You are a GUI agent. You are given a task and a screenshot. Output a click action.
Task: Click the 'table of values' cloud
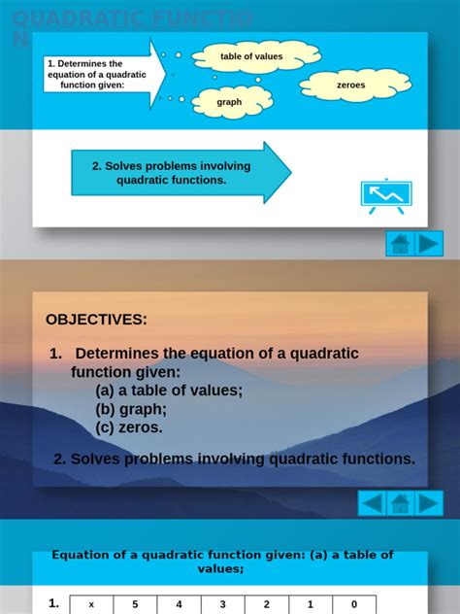click(x=251, y=56)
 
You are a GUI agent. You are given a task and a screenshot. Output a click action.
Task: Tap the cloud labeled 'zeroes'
click(x=350, y=85)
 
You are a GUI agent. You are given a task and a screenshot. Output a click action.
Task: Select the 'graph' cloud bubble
click(x=230, y=102)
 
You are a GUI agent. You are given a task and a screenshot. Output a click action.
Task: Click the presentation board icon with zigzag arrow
click(x=385, y=195)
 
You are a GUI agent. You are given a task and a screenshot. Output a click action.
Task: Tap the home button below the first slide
click(x=401, y=244)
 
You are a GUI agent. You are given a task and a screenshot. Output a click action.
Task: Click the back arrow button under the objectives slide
click(x=373, y=503)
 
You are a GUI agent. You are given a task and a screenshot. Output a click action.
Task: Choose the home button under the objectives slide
click(x=401, y=503)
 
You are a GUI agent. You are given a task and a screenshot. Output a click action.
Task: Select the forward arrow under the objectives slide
click(x=429, y=503)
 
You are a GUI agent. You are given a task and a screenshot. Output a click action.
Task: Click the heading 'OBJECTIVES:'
click(x=96, y=320)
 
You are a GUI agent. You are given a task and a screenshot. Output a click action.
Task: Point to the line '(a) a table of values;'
click(x=169, y=391)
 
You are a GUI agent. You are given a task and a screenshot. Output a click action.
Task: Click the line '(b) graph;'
click(x=131, y=409)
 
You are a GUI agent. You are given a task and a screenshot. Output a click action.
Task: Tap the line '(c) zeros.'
click(x=129, y=427)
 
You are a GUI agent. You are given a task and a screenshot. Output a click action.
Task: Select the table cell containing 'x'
click(x=91, y=604)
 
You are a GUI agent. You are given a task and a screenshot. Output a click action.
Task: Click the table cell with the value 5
click(x=135, y=604)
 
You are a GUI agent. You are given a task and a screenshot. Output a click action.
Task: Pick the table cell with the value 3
click(x=222, y=604)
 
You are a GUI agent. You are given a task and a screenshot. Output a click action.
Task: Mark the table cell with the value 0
click(x=354, y=604)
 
